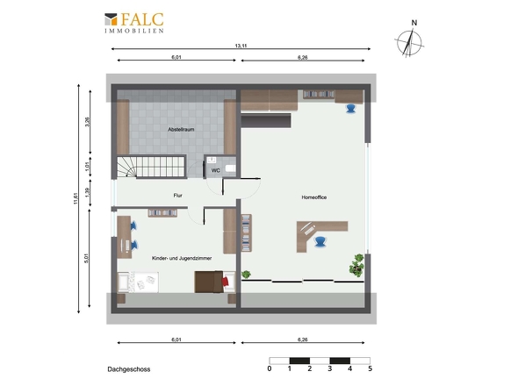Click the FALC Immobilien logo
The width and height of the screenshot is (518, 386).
(134, 23)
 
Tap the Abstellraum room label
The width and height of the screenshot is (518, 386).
(181, 130)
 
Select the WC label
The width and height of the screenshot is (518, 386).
(215, 171)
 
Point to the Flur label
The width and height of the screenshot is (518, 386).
(177, 196)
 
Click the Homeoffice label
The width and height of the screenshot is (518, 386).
(314, 197)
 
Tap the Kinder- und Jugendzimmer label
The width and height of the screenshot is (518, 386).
(182, 258)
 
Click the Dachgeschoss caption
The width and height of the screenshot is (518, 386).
(129, 369)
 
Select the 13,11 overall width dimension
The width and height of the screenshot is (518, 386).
(241, 46)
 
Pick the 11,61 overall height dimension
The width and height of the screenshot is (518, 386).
(76, 198)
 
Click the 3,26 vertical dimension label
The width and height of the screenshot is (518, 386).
(87, 122)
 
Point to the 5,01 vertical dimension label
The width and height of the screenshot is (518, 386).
(87, 258)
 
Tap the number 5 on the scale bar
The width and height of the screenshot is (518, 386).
(370, 368)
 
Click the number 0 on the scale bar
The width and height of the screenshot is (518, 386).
(270, 368)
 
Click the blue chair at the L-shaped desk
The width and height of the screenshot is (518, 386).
(320, 241)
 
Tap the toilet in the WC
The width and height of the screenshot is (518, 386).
(231, 168)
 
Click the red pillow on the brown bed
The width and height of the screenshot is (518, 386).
(226, 282)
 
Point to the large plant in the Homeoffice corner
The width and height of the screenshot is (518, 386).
(356, 265)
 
